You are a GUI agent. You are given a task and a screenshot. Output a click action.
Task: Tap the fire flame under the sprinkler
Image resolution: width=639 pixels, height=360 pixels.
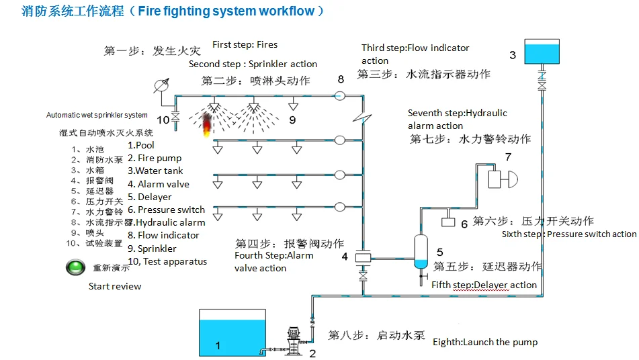click(208, 124)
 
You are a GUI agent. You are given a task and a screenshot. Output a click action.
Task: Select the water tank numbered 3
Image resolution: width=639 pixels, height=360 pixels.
click(541, 52)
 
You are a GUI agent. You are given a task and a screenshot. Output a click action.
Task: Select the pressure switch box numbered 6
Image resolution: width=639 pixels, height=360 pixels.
click(448, 222)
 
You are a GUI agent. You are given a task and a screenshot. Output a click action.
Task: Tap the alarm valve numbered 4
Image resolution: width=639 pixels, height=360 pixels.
click(364, 257)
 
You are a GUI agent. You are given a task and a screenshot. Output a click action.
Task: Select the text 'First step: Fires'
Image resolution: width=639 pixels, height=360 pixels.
click(245, 45)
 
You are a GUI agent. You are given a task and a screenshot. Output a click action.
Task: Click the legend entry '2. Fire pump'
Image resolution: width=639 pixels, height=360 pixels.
click(155, 159)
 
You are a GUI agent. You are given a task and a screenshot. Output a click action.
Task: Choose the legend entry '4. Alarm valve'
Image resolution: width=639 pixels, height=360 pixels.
click(159, 184)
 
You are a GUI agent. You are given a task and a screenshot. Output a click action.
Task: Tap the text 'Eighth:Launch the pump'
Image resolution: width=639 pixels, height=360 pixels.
click(484, 342)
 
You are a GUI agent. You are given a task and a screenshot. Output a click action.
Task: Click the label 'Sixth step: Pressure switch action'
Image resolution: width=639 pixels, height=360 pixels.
click(568, 234)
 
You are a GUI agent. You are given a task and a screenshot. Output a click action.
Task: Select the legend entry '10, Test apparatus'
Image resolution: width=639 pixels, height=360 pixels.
click(167, 261)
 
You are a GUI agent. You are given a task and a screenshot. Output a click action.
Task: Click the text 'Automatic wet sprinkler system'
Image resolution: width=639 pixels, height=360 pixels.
click(97, 115)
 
